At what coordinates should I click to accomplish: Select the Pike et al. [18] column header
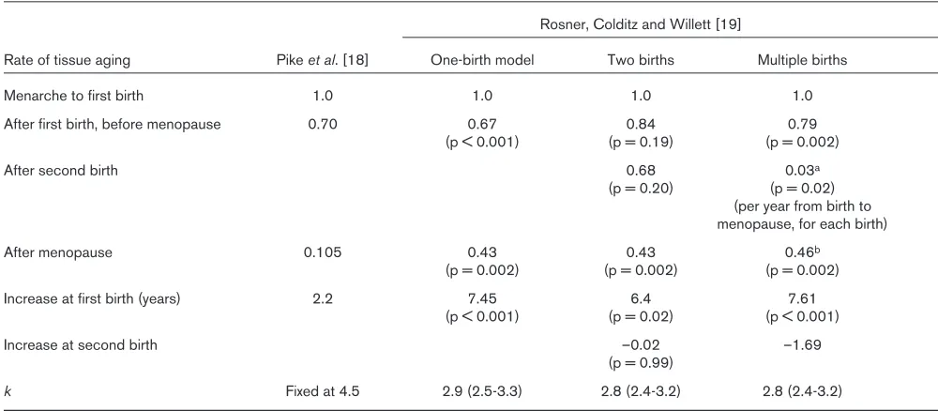(x=325, y=60)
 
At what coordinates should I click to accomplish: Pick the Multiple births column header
(x=802, y=60)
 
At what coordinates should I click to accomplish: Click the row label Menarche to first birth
(x=73, y=96)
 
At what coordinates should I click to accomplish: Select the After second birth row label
(x=61, y=171)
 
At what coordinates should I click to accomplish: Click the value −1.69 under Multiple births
(x=802, y=345)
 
